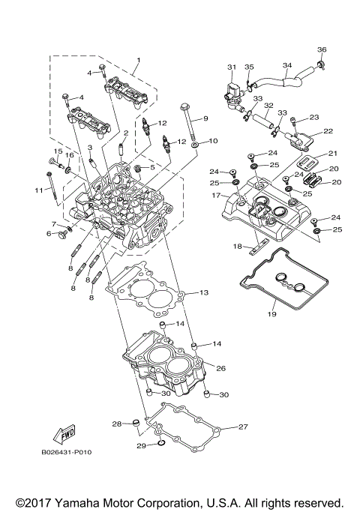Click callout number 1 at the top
(137, 59)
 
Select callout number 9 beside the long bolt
(204, 118)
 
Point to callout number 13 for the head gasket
(203, 292)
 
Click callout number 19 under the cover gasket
(272, 314)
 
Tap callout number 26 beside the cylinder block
(220, 368)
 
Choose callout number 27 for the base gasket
(242, 427)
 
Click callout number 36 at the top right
(322, 50)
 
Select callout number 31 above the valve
(232, 66)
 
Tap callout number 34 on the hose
(286, 65)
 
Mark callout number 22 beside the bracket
(328, 131)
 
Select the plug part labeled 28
(136, 424)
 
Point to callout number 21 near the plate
(332, 153)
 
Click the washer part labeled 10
(195, 143)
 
